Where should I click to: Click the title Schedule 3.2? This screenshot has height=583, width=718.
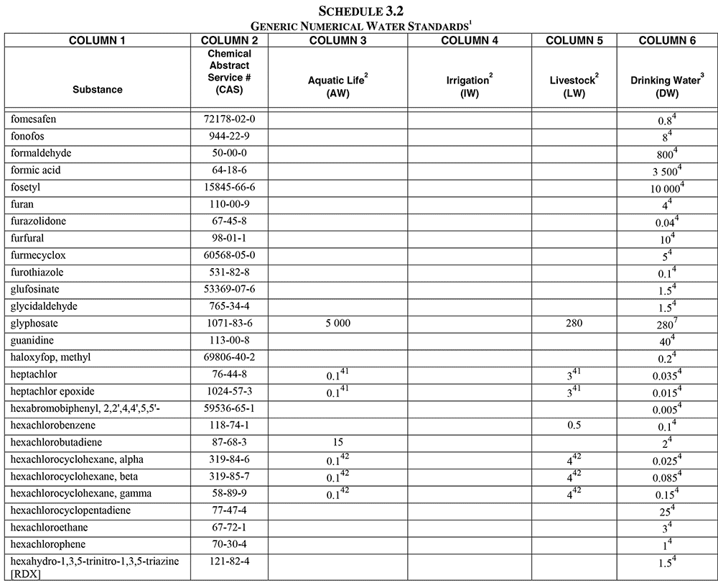point(359,10)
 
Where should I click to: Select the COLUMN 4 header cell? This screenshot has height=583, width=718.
point(470,40)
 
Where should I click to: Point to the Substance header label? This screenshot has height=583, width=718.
point(97,90)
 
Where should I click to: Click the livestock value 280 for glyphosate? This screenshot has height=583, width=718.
point(574,323)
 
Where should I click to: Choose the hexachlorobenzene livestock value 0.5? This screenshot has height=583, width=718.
point(574,425)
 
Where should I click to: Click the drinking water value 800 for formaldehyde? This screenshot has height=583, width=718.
point(665,153)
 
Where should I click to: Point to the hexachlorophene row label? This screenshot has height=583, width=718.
point(45,544)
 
